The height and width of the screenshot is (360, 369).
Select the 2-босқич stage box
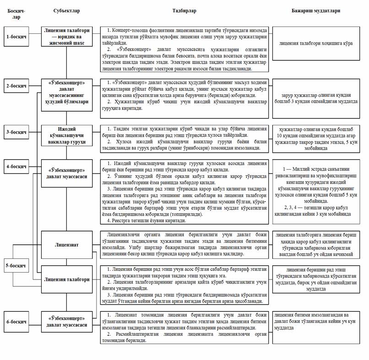(16, 86)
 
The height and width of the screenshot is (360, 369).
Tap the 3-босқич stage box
(16, 132)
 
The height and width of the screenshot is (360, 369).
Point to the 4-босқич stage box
(16, 165)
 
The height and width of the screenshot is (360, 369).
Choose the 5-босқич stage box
(16, 265)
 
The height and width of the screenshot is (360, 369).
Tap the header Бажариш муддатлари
(318, 10)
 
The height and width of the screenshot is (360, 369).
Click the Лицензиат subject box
(67, 245)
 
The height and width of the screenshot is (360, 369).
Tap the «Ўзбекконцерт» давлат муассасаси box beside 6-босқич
(67, 322)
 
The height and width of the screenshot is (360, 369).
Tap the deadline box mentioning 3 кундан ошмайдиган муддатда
(318, 98)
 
